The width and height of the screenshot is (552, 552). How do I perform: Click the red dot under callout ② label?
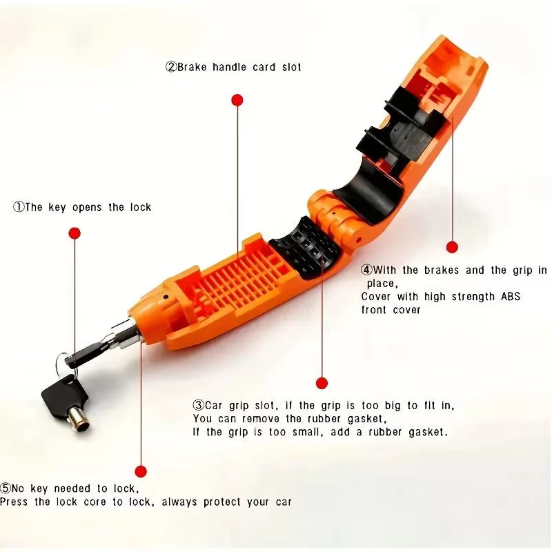[x=237, y=101]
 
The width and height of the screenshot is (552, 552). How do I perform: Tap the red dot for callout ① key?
[x=75, y=233]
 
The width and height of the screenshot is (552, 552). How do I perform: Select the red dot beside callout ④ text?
[x=452, y=247]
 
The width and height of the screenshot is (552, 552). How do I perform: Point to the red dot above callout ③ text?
[x=321, y=383]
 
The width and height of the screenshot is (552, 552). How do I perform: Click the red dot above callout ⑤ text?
[x=141, y=472]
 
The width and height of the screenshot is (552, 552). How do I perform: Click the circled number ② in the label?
[x=170, y=68]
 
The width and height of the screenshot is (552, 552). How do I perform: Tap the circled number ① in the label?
[x=19, y=207]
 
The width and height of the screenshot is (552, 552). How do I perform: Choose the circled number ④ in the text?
[x=367, y=270]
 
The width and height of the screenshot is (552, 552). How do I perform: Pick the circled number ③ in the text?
[x=198, y=406]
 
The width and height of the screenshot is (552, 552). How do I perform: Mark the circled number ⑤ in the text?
[x=6, y=489]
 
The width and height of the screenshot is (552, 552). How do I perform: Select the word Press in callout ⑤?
[x=14, y=502]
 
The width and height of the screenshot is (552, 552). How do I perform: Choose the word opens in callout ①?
[x=88, y=207]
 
